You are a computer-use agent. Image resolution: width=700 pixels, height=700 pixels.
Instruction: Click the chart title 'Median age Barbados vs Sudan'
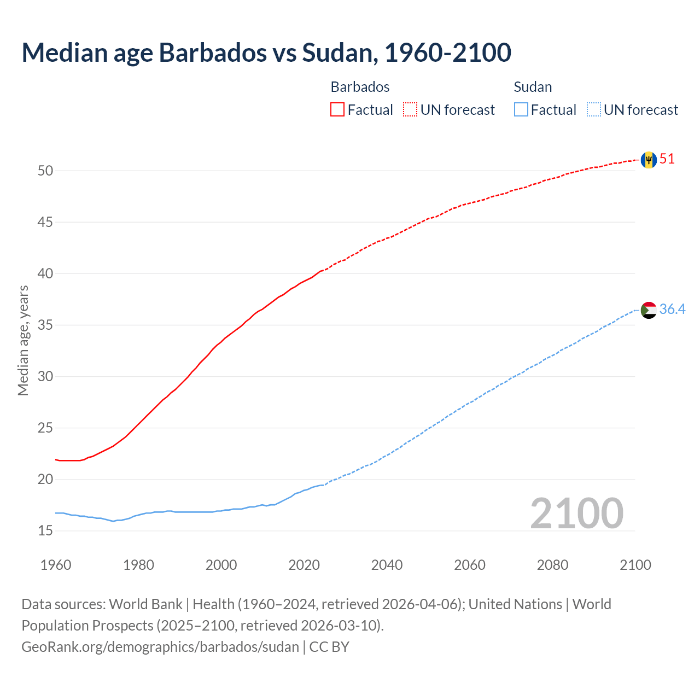266,52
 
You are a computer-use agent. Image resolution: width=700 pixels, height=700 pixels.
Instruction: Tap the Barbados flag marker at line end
649,160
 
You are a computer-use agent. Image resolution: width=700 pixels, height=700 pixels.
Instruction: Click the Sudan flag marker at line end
649,310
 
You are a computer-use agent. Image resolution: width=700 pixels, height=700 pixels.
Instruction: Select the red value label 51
667,159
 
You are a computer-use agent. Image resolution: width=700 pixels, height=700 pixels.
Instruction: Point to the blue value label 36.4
672,310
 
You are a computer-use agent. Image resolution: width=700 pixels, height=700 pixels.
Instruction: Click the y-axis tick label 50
45,171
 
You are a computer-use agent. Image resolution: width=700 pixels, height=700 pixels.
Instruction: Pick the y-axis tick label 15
45,531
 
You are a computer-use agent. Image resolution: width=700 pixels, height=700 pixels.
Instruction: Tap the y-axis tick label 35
45,325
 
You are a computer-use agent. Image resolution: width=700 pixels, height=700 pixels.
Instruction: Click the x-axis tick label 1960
56,565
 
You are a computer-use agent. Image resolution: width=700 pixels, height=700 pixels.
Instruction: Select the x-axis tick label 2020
304,565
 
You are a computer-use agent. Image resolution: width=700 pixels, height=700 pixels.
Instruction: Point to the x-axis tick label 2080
552,565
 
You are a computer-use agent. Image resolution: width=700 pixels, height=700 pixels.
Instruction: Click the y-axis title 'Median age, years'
23,340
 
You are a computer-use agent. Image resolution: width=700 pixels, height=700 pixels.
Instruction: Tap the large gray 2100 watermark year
576,514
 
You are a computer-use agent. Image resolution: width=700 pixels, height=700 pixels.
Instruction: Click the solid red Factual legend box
337,110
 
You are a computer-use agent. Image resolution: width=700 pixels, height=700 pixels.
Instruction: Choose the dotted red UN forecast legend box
410,110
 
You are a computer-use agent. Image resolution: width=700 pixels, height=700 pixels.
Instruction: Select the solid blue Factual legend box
521,110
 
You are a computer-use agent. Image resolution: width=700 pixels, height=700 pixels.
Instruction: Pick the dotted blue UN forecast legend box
594,110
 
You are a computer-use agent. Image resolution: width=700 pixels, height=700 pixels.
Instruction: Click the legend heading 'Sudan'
533,87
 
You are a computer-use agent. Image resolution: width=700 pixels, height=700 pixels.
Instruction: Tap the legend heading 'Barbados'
360,87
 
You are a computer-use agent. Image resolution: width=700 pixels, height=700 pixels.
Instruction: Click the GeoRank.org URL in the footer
160,647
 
